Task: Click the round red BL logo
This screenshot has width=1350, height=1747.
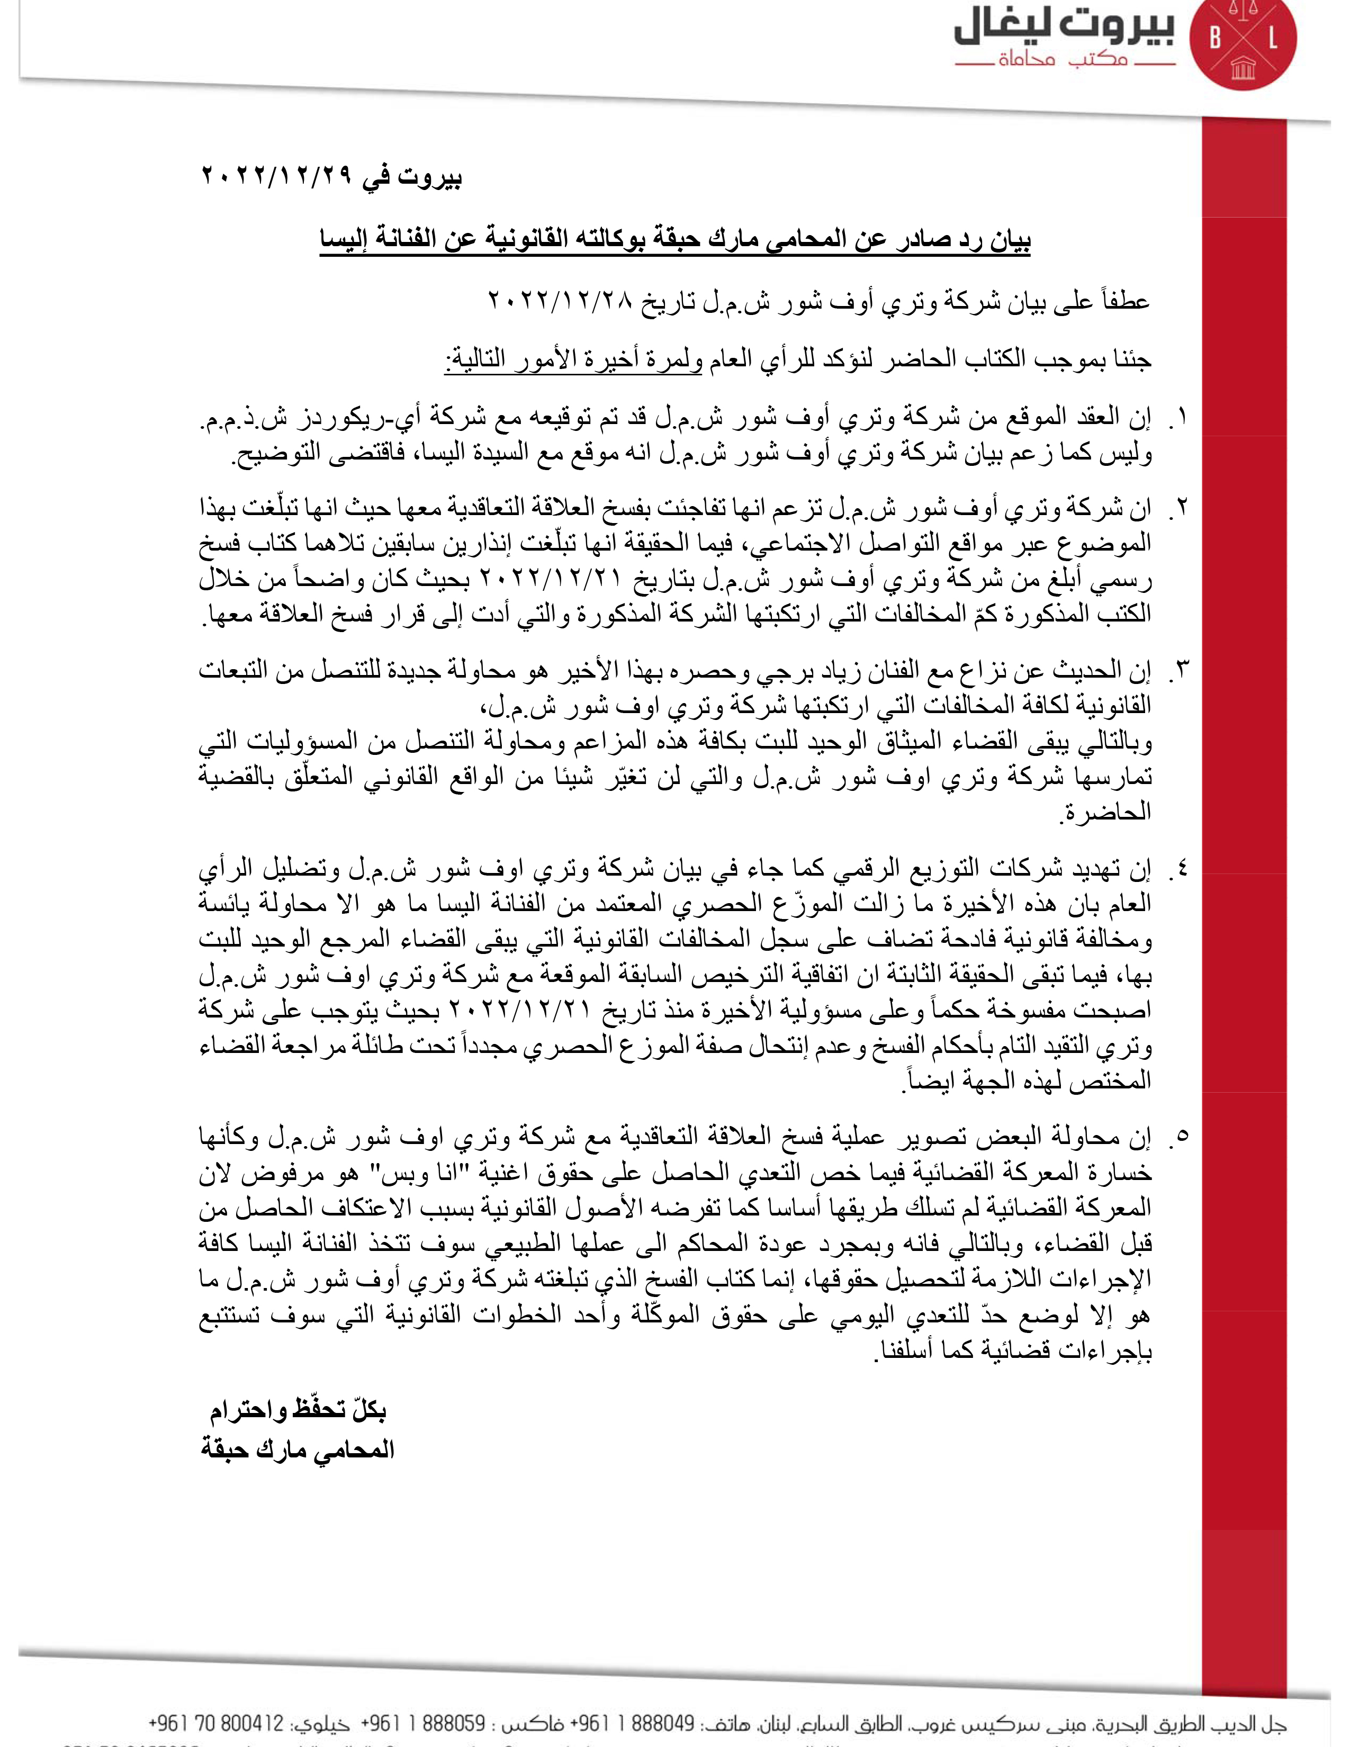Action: [x=1243, y=45]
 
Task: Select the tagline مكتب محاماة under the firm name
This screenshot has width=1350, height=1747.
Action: [x=1063, y=60]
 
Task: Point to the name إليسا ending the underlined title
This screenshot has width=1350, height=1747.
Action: [x=346, y=240]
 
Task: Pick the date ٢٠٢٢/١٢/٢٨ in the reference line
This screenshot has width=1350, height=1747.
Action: [x=560, y=302]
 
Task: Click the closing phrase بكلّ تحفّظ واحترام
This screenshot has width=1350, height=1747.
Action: [x=298, y=1410]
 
